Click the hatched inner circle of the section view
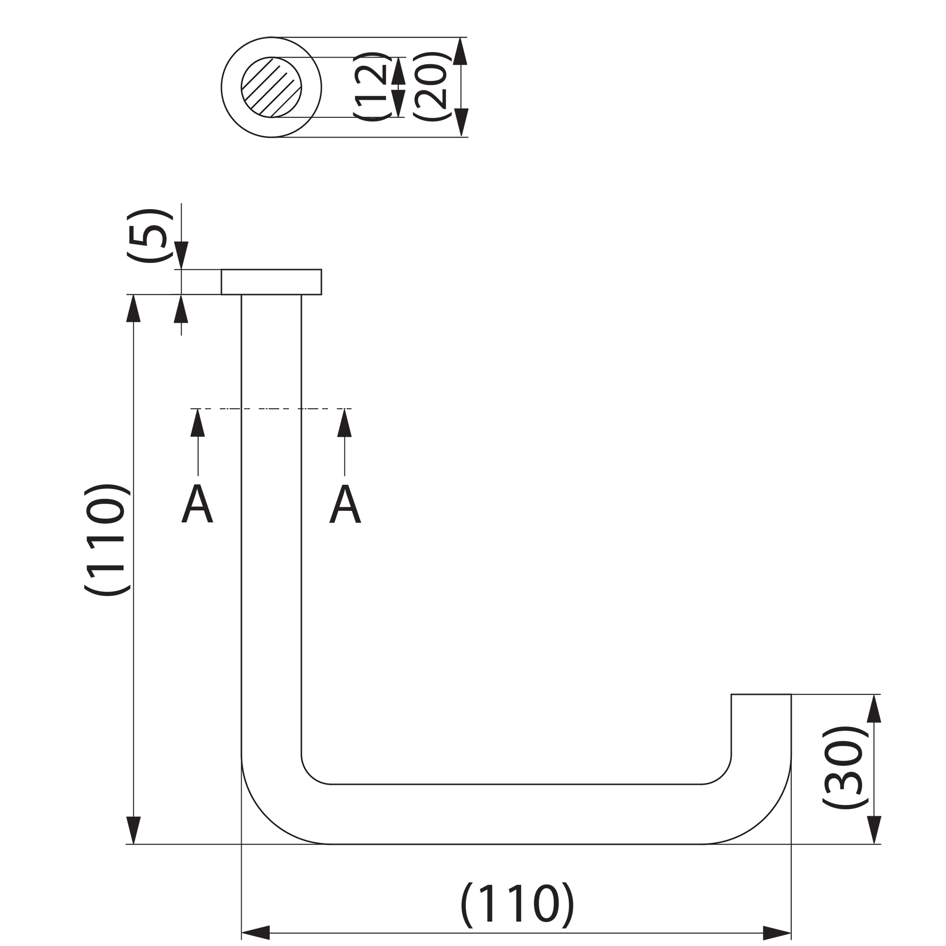[x=271, y=87]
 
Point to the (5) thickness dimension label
[x=150, y=236]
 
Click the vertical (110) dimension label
[x=107, y=540]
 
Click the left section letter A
[x=197, y=503]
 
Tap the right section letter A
[x=345, y=503]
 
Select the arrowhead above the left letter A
[x=197, y=422]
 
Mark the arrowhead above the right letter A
[x=344, y=422]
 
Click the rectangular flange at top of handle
[x=271, y=282]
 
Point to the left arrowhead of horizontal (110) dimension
[x=255, y=933]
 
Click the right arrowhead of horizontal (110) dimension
[x=777, y=933]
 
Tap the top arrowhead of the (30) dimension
[x=874, y=709]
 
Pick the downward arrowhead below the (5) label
[x=181, y=255]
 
